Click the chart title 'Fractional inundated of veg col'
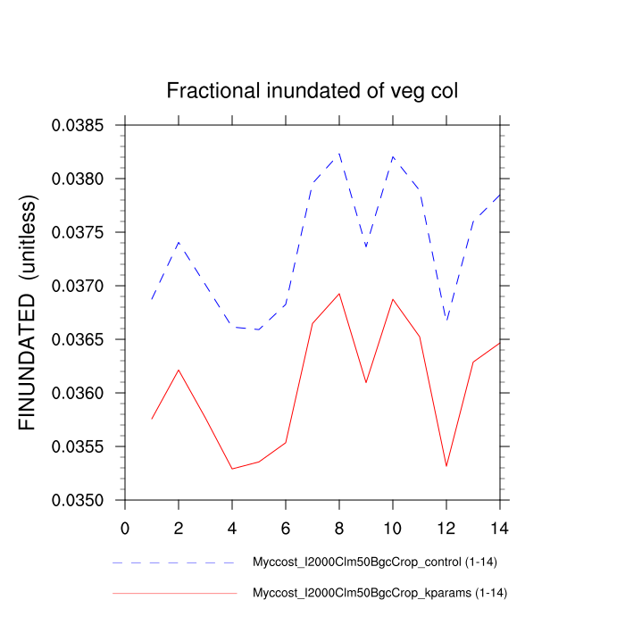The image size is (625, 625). tap(312, 91)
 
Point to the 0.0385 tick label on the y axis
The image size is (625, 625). tap(78, 126)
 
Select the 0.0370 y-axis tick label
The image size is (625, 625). tap(78, 287)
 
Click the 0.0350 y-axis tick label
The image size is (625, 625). tap(78, 501)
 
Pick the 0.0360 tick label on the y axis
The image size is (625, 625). tap(78, 394)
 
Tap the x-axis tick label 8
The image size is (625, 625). tap(339, 528)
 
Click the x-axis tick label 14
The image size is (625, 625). tap(500, 528)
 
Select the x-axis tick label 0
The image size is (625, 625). tap(125, 528)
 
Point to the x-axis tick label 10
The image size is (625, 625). tap(393, 528)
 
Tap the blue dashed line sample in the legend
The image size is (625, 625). tap(174, 563)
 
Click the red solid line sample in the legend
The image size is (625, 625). tap(174, 593)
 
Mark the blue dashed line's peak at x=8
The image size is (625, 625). tap(339, 154)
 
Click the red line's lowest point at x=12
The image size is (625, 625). tap(446, 466)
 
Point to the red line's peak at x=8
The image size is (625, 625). tap(339, 294)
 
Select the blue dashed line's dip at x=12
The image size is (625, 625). tap(446, 321)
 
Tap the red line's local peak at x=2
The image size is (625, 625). tap(179, 370)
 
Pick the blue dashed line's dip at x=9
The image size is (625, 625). tap(366, 247)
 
